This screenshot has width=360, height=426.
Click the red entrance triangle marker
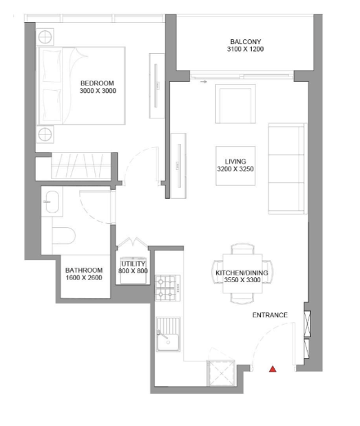tap(273, 369)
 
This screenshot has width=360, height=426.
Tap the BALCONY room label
tap(245, 42)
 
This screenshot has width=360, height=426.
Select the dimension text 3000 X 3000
tap(98, 91)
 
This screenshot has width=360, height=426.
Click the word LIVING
tap(235, 161)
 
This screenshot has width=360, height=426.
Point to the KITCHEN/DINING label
tap(242, 273)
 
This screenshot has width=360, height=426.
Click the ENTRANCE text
tap(270, 315)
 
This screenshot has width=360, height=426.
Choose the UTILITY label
tap(133, 264)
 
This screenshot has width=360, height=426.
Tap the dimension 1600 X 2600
tap(84, 277)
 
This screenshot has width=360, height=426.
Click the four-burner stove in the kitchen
tap(168, 288)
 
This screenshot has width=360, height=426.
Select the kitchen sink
tap(168, 334)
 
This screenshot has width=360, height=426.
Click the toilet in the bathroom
tap(63, 235)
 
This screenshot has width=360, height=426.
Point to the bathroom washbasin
tap(52, 202)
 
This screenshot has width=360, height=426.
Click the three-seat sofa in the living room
tap(288, 169)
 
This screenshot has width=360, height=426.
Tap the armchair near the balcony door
tap(235, 104)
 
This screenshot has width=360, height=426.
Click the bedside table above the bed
tap(45, 37)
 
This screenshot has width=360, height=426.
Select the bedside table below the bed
tap(45, 134)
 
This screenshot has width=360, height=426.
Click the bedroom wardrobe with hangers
tap(81, 166)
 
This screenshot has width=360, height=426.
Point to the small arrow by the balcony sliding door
tap(204, 81)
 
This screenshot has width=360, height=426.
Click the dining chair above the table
tap(242, 249)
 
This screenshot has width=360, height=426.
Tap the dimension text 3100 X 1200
tap(245, 49)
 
